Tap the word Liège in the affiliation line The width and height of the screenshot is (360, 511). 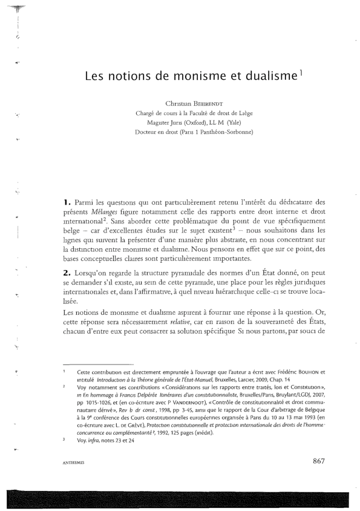click(243, 113)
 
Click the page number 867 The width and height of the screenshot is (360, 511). click(319, 478)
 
